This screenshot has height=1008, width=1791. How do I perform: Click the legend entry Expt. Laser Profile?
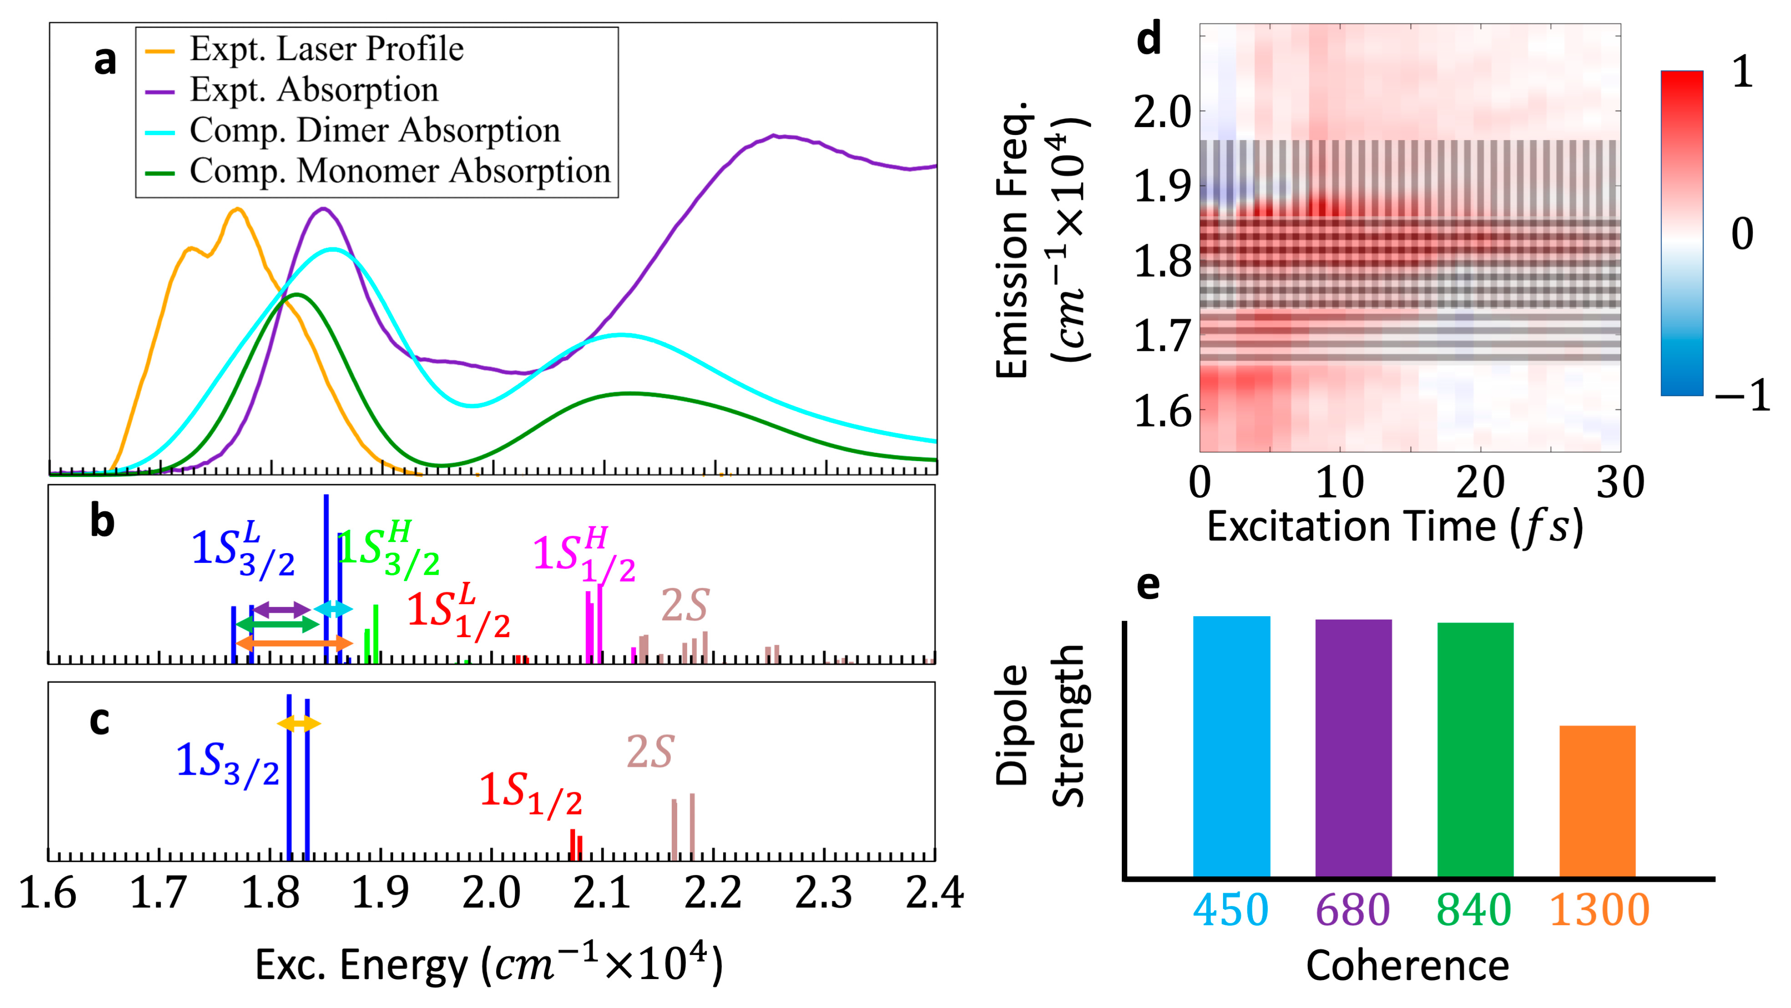[326, 48]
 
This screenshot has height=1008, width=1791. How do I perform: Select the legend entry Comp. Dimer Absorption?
[374, 130]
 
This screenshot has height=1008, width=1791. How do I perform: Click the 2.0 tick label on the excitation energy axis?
[491, 893]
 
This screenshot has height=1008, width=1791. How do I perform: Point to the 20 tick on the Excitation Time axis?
[1480, 482]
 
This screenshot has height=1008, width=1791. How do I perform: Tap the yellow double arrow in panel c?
[299, 724]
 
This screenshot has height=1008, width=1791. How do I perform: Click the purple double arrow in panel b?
[281, 610]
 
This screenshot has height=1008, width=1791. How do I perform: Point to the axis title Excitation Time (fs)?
[1394, 527]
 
